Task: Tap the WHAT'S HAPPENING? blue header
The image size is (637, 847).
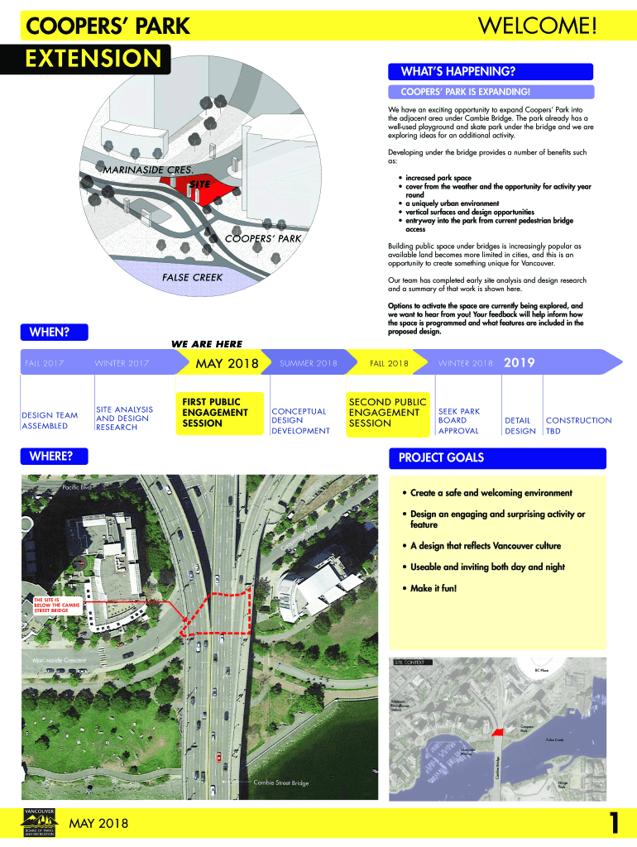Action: coord(446,72)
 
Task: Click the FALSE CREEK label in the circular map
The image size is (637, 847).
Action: coord(192,277)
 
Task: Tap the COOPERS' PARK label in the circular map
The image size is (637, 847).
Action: coord(263,239)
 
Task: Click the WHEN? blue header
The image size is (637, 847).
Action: coord(50,332)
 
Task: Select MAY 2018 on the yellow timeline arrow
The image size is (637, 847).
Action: coord(227,363)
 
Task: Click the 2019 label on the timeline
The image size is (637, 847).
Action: coord(520,362)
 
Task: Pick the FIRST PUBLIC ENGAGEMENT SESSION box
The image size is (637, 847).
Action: coord(218,412)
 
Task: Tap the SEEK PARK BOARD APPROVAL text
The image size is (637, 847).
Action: coord(458,420)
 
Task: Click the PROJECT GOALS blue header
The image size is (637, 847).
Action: coord(441,457)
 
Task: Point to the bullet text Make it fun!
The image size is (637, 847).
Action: coord(433,588)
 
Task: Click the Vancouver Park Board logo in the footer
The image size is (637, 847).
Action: coord(41,822)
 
